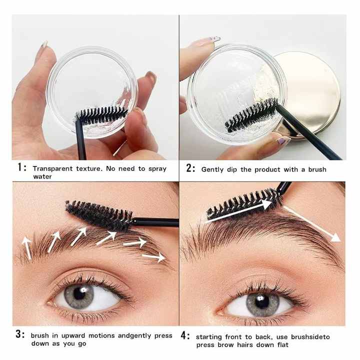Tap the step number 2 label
pyautogui.click(x=190, y=168)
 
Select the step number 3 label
pyautogui.click(x=20, y=335)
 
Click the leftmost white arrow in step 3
pyautogui.click(x=26, y=248)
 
